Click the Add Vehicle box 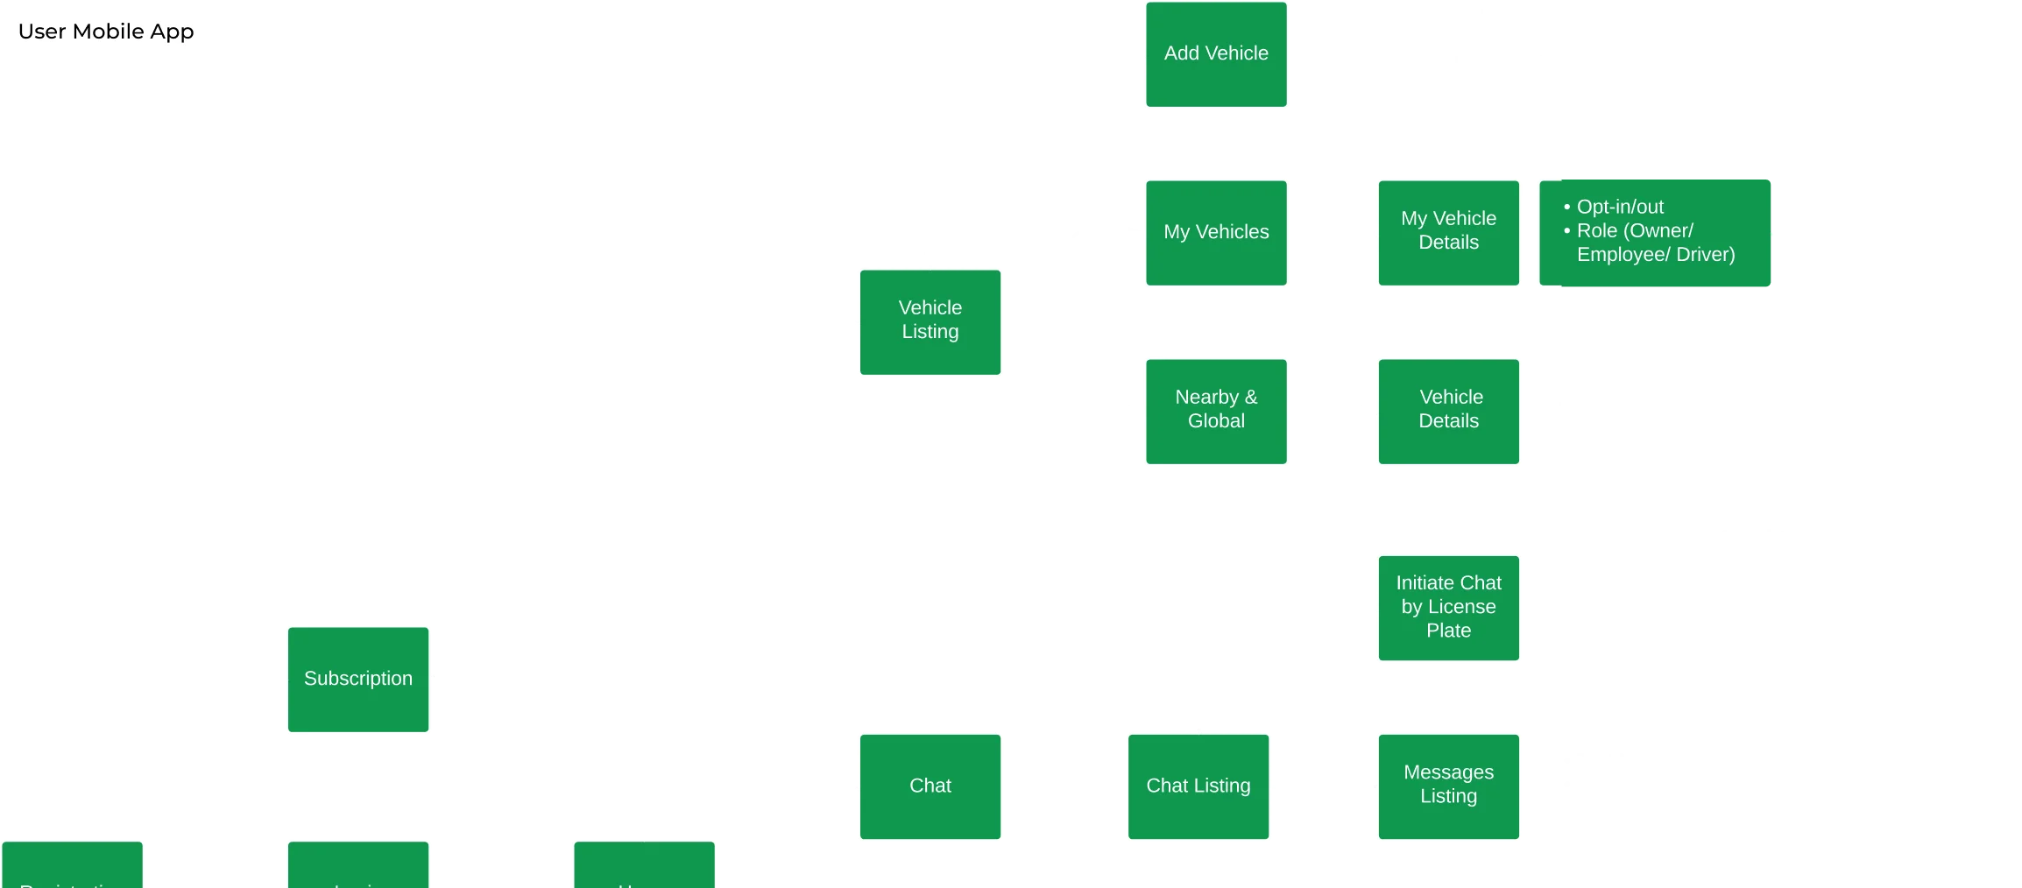tap(1216, 54)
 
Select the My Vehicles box tap(1216, 233)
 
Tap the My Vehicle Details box tap(1448, 232)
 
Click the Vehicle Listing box tap(930, 321)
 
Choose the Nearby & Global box tap(1216, 410)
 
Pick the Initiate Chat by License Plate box tap(1448, 607)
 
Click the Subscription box tap(357, 679)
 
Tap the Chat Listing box tap(1198, 786)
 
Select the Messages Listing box tap(1448, 786)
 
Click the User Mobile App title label tap(105, 31)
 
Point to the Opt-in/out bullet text tap(1620, 208)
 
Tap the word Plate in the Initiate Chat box tap(1448, 631)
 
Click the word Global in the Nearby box tap(1216, 421)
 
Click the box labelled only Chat tap(930, 786)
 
